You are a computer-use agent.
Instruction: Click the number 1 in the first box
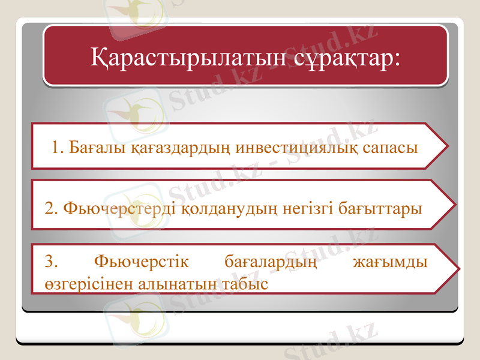[x=56, y=147]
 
